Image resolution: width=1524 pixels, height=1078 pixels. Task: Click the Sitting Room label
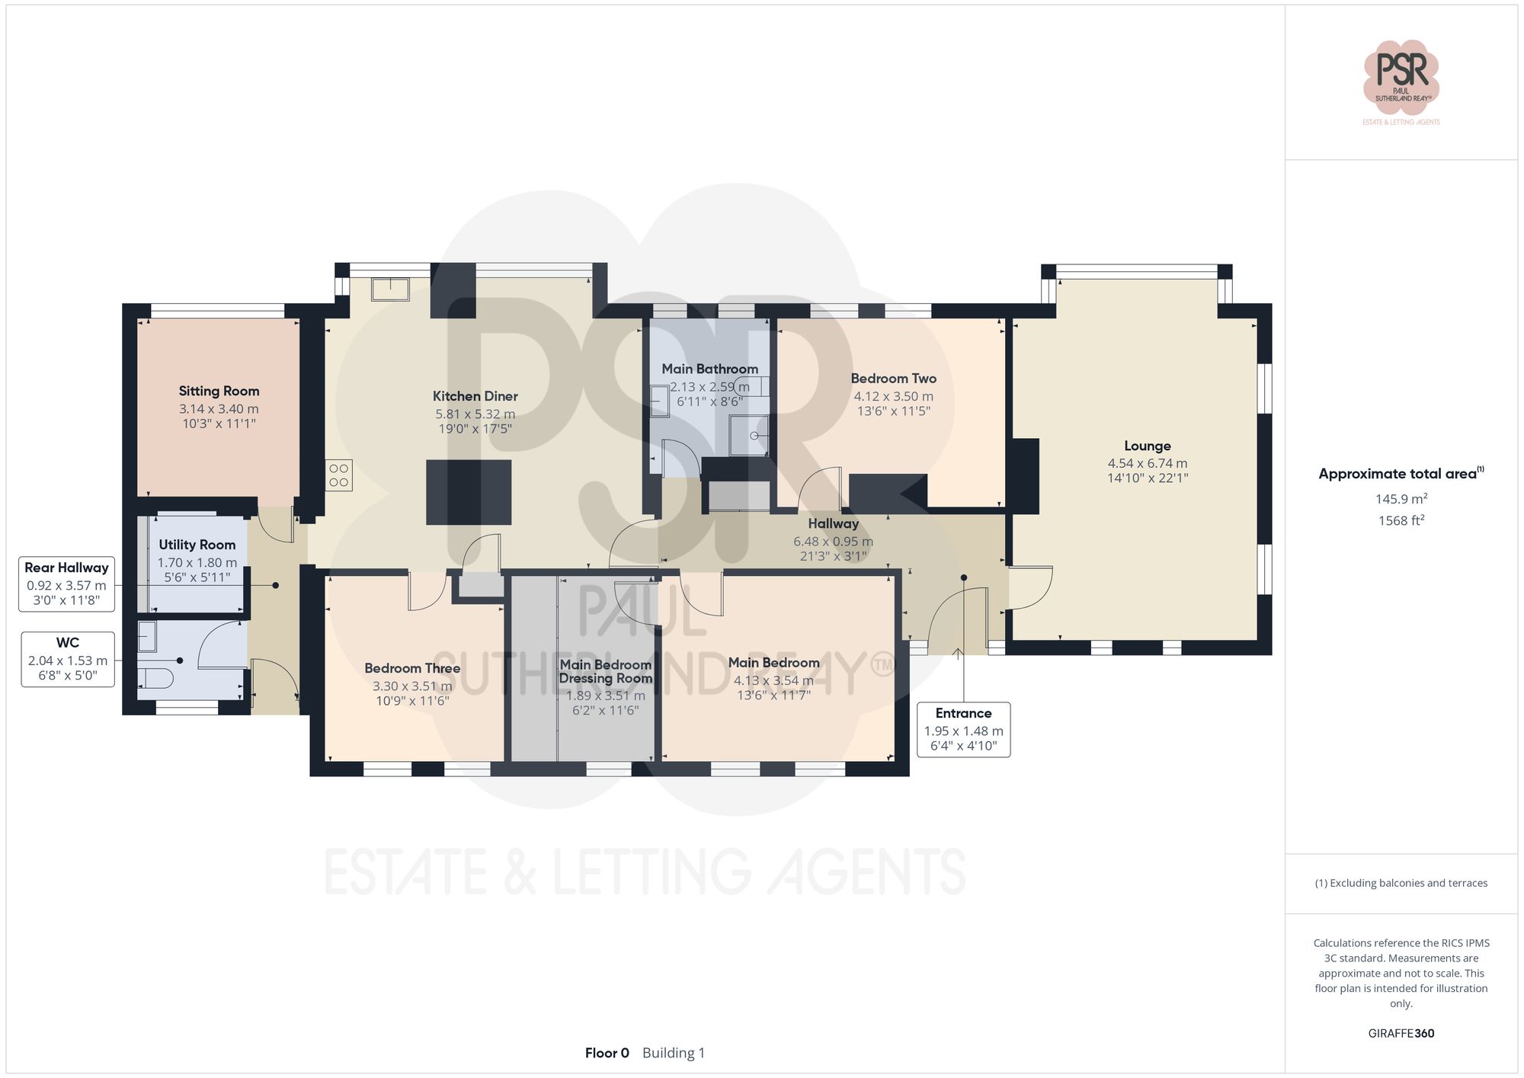click(x=219, y=391)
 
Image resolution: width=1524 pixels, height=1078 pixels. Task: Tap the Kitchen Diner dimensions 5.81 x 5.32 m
click(x=475, y=414)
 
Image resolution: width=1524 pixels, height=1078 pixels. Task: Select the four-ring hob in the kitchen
click(x=339, y=475)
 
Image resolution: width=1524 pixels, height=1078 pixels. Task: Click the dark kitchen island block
click(x=468, y=492)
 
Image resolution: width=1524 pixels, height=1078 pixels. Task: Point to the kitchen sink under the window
click(x=390, y=289)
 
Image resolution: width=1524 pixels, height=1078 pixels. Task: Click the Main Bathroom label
click(x=709, y=369)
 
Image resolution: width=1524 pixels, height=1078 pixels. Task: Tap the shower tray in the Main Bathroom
click(x=748, y=435)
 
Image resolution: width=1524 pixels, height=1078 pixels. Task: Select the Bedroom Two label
click(x=893, y=379)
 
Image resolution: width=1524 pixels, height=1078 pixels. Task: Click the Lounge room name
click(x=1147, y=446)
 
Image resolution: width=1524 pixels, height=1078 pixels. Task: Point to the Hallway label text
click(x=833, y=524)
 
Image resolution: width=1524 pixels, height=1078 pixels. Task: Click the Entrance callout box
click(x=963, y=729)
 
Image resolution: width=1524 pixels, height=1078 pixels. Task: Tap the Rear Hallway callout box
click(x=66, y=584)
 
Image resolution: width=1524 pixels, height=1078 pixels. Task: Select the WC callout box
click(x=68, y=659)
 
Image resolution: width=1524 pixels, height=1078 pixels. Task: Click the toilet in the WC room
click(x=157, y=677)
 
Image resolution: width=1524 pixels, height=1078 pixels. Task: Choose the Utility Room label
click(x=197, y=545)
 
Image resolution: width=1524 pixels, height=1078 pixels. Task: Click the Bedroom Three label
click(x=412, y=668)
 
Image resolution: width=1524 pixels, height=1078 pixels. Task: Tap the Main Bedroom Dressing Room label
click(x=606, y=671)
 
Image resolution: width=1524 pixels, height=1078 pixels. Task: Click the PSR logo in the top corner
click(x=1401, y=76)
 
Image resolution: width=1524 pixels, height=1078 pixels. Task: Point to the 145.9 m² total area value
click(x=1401, y=499)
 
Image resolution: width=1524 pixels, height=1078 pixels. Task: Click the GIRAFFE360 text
click(x=1401, y=1033)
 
